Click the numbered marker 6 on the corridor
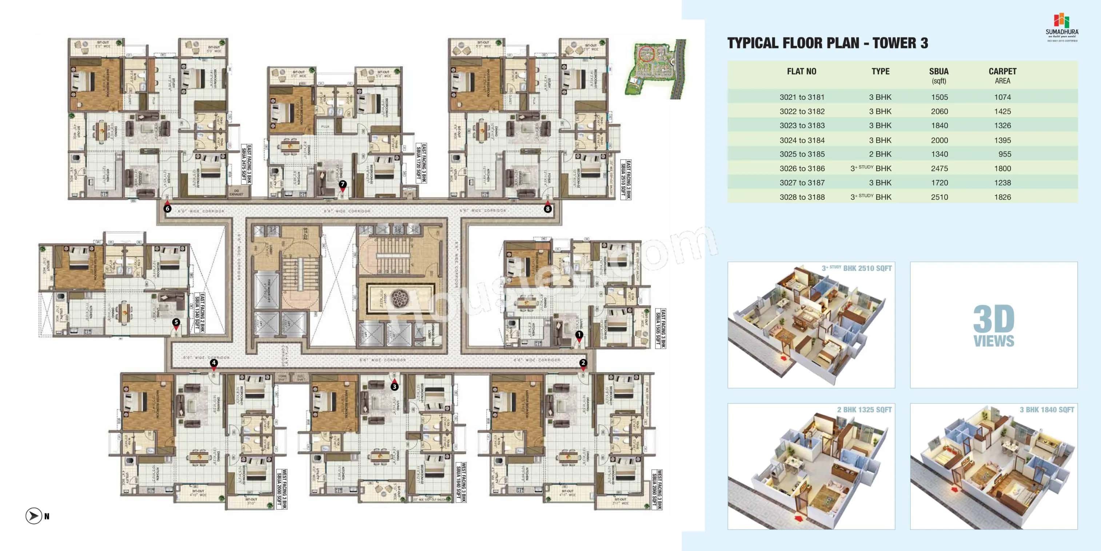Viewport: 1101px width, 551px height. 168,209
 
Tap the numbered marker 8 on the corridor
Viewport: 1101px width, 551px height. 547,209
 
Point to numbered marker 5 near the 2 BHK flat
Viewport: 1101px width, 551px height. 176,323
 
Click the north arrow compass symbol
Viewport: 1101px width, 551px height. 34,516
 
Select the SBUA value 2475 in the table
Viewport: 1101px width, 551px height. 939,169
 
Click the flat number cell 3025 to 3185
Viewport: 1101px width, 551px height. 802,154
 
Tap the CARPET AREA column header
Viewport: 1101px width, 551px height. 1002,76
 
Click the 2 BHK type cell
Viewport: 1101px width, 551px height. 880,154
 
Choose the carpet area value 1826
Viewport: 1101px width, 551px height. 1002,197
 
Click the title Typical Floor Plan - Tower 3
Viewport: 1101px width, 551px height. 827,43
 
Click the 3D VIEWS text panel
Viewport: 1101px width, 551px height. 993,325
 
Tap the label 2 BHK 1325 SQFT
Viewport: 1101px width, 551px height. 864,410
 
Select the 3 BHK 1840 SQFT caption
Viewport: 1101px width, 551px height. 1046,410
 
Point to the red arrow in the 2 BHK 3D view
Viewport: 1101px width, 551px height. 798,519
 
